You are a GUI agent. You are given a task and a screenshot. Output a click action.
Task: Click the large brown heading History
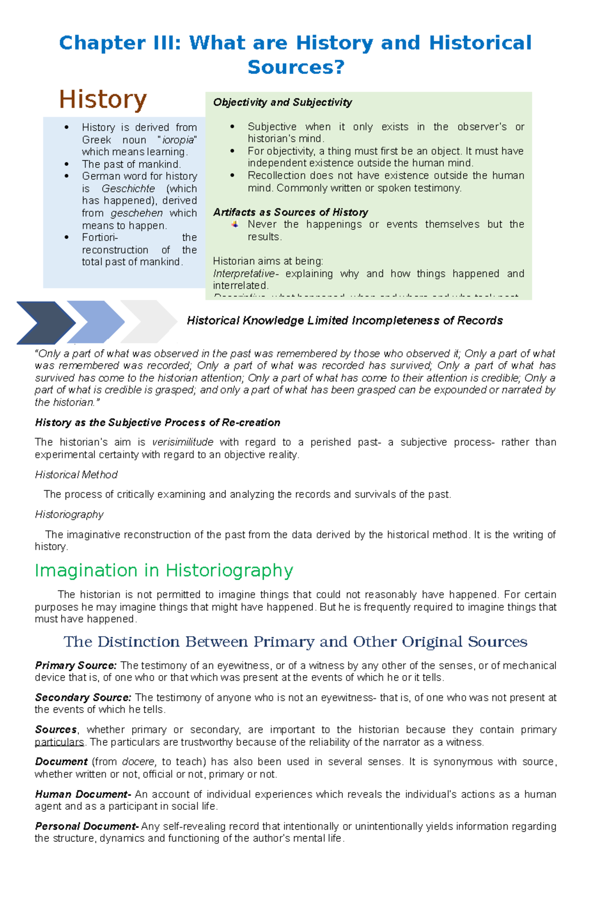pos(103,100)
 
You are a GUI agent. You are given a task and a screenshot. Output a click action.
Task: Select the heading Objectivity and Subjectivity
pos(282,103)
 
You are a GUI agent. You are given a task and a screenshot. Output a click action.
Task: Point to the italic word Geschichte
pos(128,189)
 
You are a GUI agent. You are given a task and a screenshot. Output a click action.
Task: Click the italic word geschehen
pos(137,213)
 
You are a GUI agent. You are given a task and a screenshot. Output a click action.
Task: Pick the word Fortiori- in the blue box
pos(100,238)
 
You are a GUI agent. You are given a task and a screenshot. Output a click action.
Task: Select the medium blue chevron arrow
pos(96,322)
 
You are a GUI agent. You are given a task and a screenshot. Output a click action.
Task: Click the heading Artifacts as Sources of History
pos(290,213)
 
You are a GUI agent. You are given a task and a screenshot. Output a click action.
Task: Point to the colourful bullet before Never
pos(235,224)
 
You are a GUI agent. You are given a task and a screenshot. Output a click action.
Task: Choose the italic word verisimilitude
pos(183,442)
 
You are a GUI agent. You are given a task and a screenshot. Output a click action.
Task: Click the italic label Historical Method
pos(76,475)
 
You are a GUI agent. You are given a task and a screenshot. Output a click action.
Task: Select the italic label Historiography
pos(69,515)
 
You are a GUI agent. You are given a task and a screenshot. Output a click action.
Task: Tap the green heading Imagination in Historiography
pos(164,571)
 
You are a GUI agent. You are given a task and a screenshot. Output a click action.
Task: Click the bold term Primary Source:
pos(75,666)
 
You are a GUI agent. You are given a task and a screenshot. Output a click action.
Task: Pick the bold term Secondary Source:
pos(83,698)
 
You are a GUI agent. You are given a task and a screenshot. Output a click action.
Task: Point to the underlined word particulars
pos(59,742)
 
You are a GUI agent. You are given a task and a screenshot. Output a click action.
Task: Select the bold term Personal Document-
pos(86,827)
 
